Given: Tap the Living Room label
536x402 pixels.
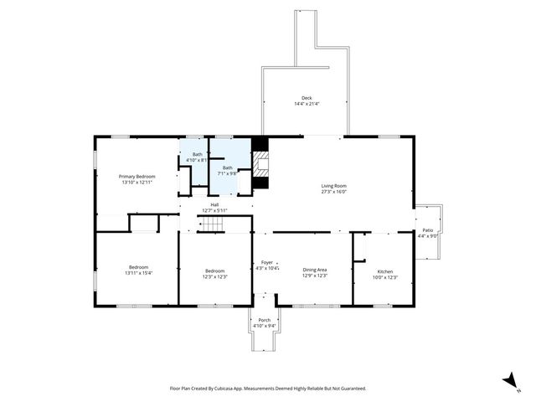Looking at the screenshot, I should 334,185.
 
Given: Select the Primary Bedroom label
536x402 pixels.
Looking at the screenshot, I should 137,176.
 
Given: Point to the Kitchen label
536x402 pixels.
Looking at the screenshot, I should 384,271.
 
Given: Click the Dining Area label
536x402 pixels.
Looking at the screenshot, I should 314,270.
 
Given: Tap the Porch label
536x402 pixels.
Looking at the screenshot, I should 265,320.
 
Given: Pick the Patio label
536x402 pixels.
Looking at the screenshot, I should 427,230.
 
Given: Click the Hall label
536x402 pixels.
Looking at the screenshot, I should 214,205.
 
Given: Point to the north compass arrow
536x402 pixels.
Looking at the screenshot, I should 509,382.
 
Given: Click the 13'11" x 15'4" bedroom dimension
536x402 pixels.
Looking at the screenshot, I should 138,273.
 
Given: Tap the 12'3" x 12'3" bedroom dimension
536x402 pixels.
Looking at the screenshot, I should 215,276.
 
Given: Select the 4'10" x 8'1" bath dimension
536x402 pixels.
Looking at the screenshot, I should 197,160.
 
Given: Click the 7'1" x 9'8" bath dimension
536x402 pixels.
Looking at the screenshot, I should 227,173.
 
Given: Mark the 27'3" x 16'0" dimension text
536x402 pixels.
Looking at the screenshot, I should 334,191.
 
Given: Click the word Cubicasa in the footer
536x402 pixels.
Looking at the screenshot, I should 231,389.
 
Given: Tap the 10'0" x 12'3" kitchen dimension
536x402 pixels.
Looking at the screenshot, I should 384,277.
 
